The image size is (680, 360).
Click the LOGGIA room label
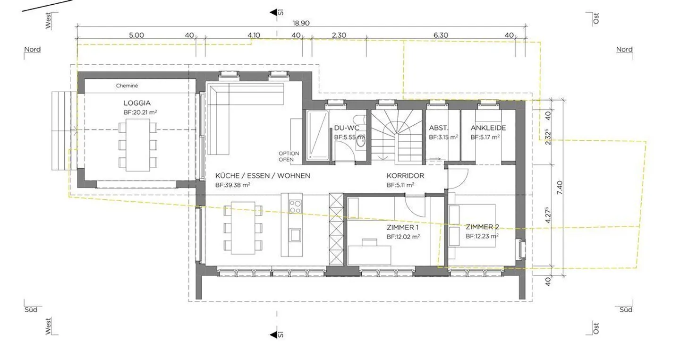pyautogui.click(x=137, y=103)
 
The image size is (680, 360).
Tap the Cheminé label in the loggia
pyautogui.click(x=127, y=86)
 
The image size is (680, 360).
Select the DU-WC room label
pyautogui.click(x=347, y=128)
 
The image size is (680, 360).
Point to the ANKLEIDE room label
pyautogui.click(x=488, y=128)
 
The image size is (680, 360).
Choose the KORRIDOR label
pyautogui.click(x=405, y=176)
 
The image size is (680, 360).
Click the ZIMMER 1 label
pyautogui.click(x=402, y=227)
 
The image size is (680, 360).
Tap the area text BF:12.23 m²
pyautogui.click(x=482, y=236)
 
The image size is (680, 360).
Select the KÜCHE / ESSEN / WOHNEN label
pyautogui.click(x=263, y=176)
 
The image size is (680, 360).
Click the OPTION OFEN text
pyautogui.click(x=289, y=156)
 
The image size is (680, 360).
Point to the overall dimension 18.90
pyautogui.click(x=301, y=23)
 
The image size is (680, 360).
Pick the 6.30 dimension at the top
pyautogui.click(x=440, y=35)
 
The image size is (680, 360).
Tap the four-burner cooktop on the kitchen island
pyautogui.click(x=295, y=206)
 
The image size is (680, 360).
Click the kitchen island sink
pyautogui.click(x=295, y=234)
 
